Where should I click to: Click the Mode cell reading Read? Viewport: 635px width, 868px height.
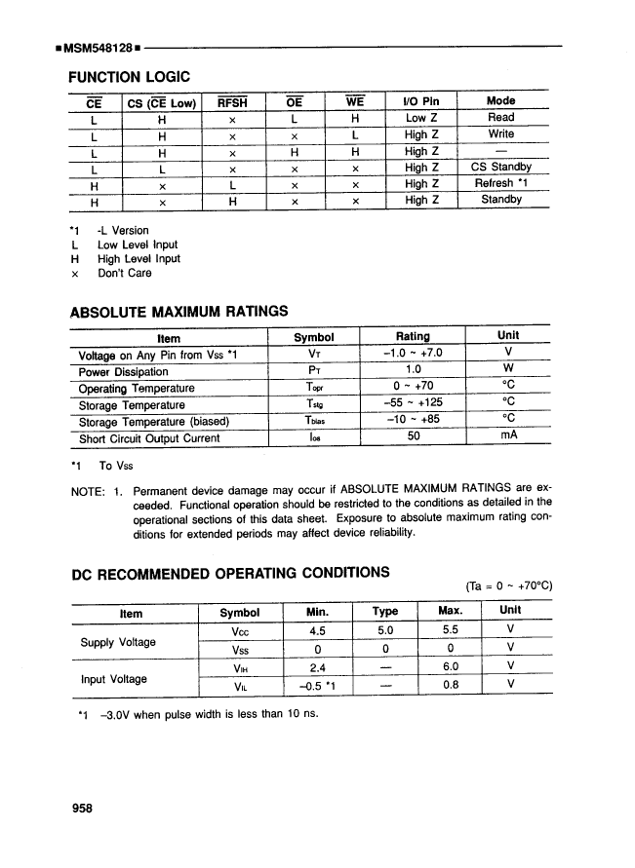pos(500,117)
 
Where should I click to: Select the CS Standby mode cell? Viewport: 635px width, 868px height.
pos(500,167)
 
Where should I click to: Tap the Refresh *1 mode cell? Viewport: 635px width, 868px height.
pos(500,183)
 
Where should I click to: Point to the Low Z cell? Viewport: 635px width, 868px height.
pos(421,117)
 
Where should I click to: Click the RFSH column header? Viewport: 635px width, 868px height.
pos(232,101)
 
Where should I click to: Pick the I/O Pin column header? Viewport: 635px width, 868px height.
pos(421,101)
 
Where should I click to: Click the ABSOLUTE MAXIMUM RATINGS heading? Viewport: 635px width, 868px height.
pos(179,312)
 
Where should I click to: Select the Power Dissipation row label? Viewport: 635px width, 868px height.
pos(124,372)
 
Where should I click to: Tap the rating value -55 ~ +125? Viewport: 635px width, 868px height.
pos(415,405)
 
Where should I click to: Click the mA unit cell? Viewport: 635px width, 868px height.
pos(507,437)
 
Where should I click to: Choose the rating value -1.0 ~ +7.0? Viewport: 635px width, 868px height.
pos(415,355)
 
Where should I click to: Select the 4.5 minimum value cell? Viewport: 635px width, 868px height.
pos(315,630)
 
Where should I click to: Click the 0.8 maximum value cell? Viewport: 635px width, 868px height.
pos(450,684)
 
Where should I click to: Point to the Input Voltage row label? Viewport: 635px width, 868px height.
pos(113,678)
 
